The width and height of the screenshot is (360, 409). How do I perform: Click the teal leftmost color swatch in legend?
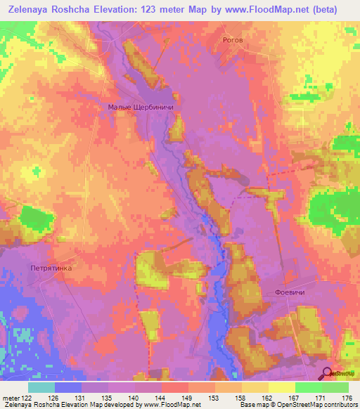tap(41, 388)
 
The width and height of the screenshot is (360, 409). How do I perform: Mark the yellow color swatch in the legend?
tap(281, 388)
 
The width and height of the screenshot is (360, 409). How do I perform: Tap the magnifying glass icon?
tap(328, 374)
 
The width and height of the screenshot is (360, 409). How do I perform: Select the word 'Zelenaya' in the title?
tap(32, 9)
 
